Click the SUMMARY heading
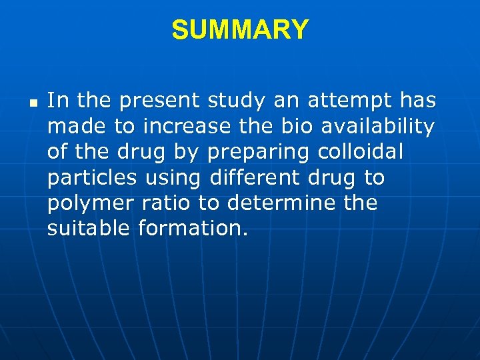240,30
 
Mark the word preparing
258,152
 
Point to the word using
177,178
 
